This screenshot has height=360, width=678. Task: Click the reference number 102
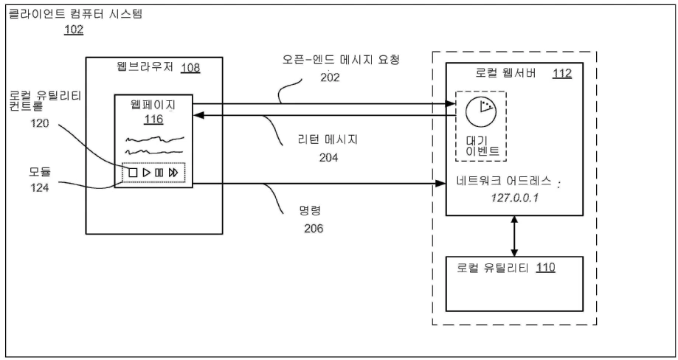74,30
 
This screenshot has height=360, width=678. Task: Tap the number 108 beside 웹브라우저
190,68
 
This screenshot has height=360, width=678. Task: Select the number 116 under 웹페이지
153,119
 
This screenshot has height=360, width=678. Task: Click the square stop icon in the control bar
134,173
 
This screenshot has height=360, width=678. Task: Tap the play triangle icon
147,173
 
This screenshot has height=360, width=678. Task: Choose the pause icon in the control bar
159,173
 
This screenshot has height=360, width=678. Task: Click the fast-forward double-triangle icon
173,173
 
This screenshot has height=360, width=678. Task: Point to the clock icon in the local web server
481,111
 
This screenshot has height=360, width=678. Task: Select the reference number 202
330,77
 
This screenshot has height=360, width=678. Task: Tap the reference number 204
328,158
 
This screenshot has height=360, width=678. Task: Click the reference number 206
314,228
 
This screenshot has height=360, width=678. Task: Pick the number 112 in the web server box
562,74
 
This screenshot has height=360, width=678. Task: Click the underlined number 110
546,268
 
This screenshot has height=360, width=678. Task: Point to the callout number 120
40,124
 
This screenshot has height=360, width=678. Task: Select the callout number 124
39,188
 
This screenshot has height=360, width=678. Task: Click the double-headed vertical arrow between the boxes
514,236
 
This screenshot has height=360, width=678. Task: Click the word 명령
311,211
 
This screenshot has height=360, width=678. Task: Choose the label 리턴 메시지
328,139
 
